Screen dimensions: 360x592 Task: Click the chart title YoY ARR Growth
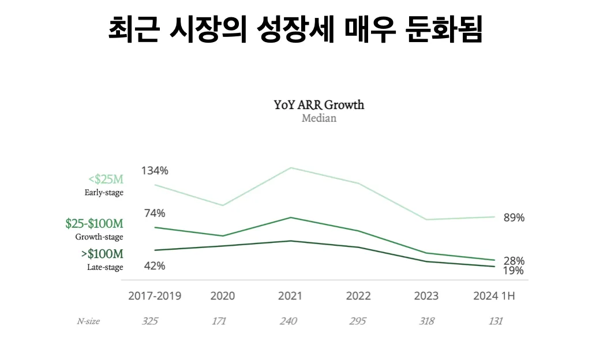click(x=319, y=105)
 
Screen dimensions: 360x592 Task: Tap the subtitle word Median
click(x=319, y=118)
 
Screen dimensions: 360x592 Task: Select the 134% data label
click(x=155, y=171)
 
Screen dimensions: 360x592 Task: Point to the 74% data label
click(x=155, y=213)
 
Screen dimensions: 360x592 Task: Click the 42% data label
click(x=155, y=266)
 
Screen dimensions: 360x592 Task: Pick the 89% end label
click(x=514, y=217)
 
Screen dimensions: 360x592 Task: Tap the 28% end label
click(x=514, y=261)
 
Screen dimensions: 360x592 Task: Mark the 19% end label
click(x=513, y=271)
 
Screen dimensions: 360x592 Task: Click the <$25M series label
click(x=106, y=179)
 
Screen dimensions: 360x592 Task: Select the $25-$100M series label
click(x=95, y=223)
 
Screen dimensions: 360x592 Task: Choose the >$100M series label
click(x=102, y=254)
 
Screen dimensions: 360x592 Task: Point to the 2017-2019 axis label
click(x=155, y=296)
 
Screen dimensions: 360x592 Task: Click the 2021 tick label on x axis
click(x=290, y=296)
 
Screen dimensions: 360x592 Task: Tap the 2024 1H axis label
click(x=494, y=296)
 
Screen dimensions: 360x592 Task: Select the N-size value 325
click(x=150, y=321)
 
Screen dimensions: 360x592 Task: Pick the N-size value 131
click(x=494, y=321)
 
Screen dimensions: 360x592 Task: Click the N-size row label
click(x=88, y=321)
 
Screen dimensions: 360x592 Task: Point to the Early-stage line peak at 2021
click(x=291, y=168)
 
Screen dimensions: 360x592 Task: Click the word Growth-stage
click(x=99, y=237)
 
